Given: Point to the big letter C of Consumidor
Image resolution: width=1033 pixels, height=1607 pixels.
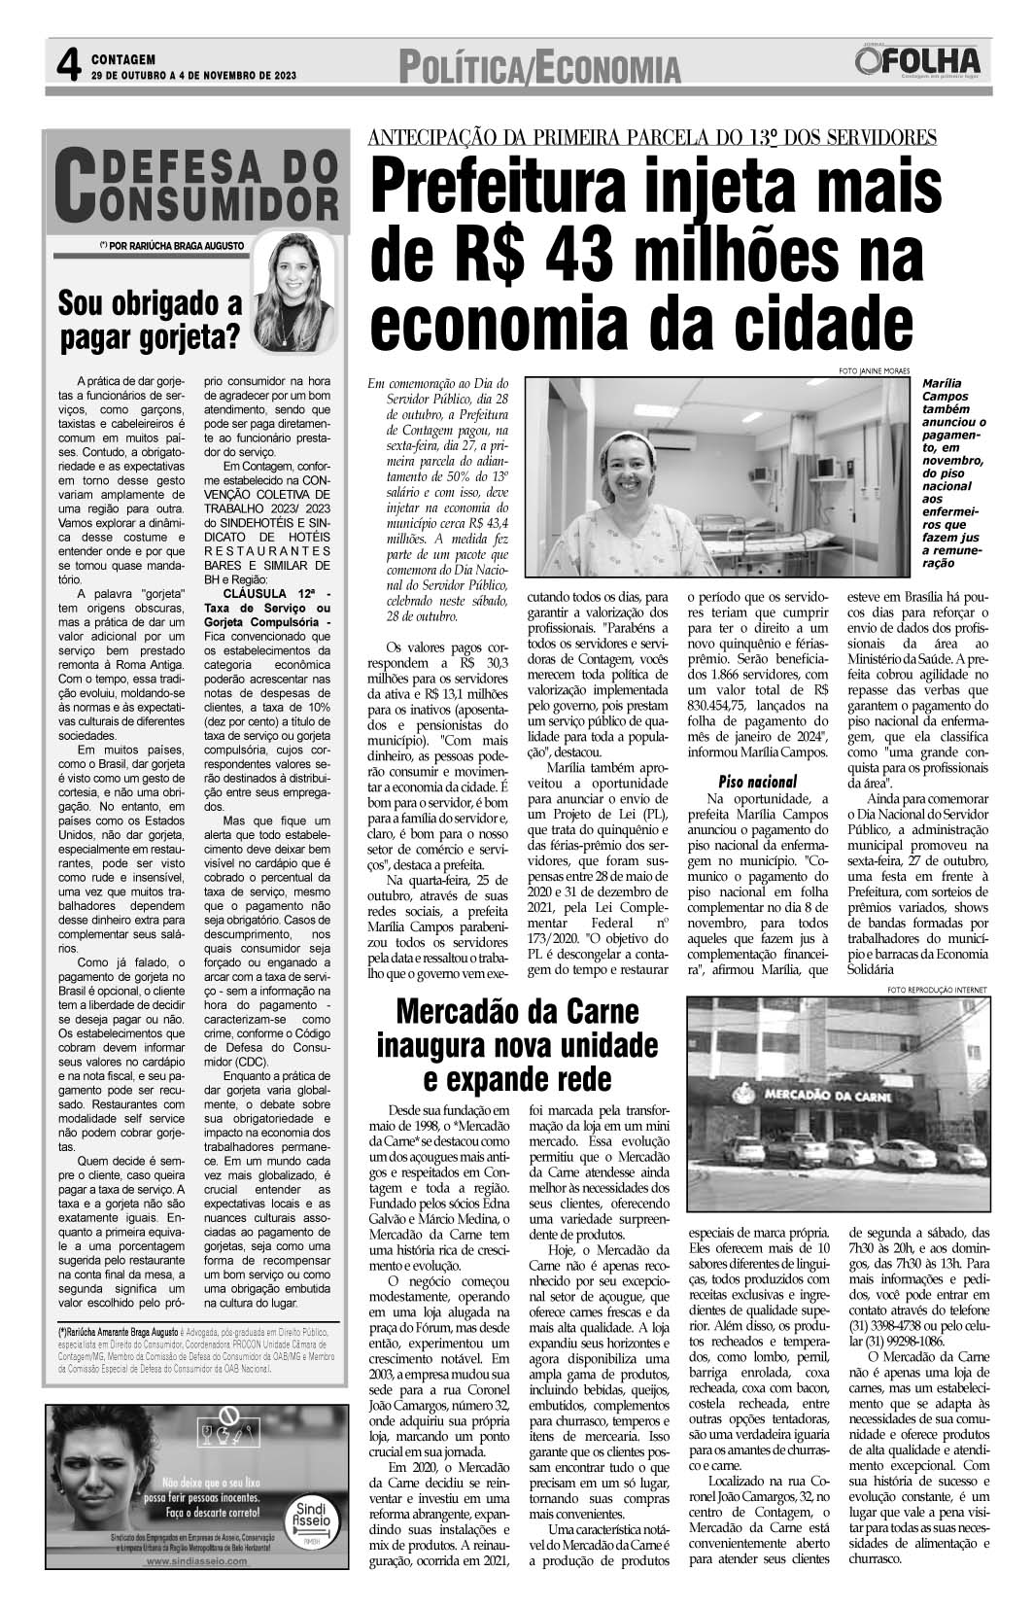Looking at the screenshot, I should (76, 186).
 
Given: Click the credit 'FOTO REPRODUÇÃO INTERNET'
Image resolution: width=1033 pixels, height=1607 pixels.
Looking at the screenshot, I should (936, 990).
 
